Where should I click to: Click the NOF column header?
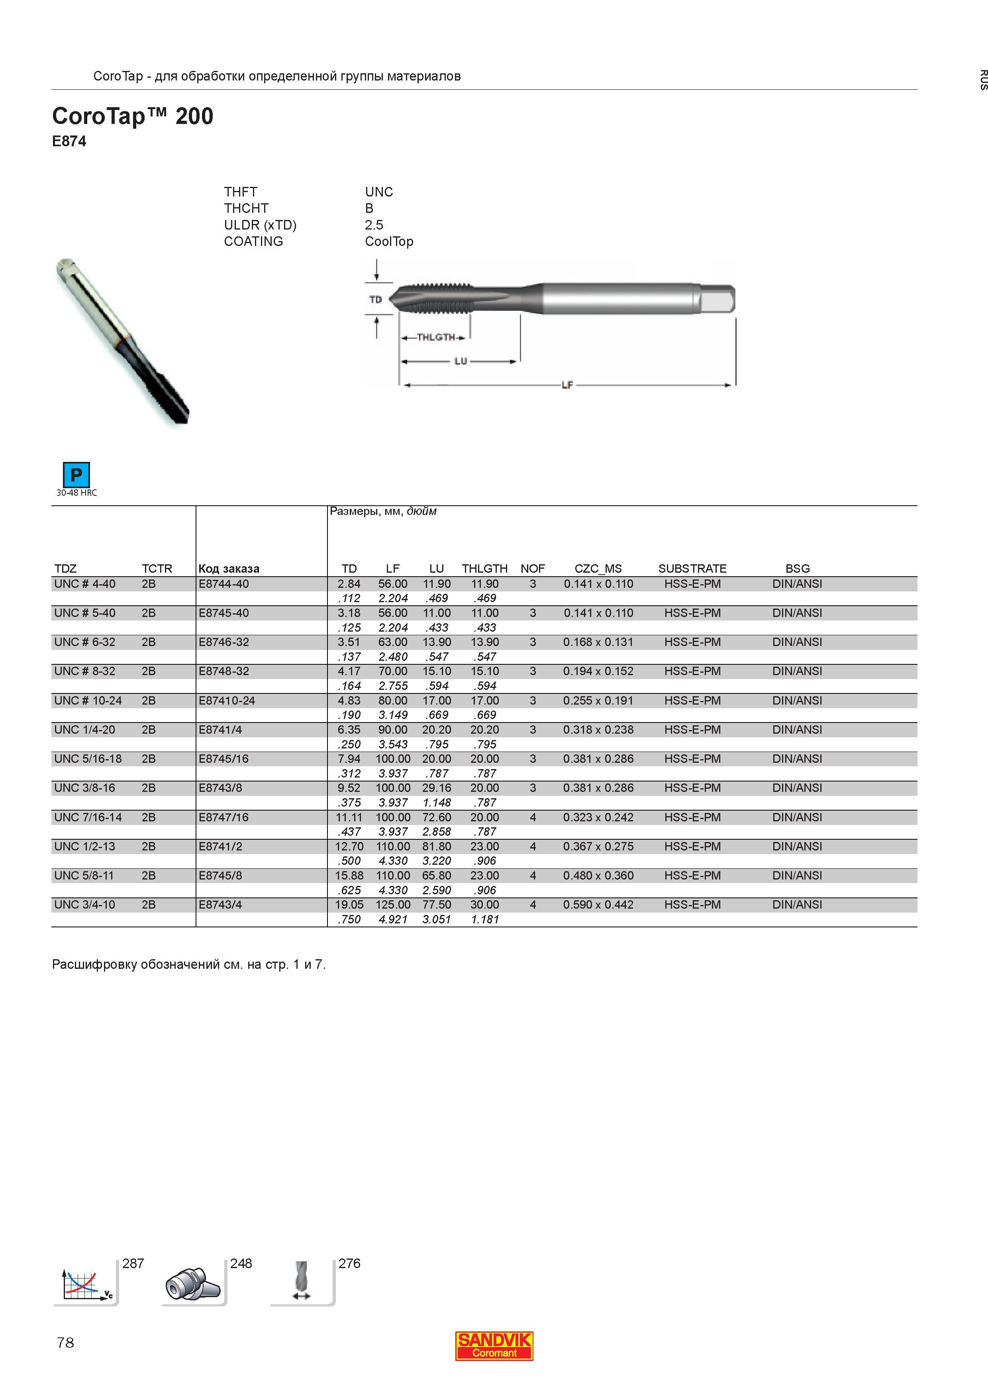tap(533, 569)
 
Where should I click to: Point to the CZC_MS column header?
tap(598, 569)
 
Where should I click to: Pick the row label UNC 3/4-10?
tap(84, 905)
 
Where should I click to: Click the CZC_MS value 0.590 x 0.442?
tap(598, 905)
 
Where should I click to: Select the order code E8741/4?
tap(220, 729)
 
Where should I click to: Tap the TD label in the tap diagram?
tap(376, 300)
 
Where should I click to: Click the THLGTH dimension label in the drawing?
tap(436, 337)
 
